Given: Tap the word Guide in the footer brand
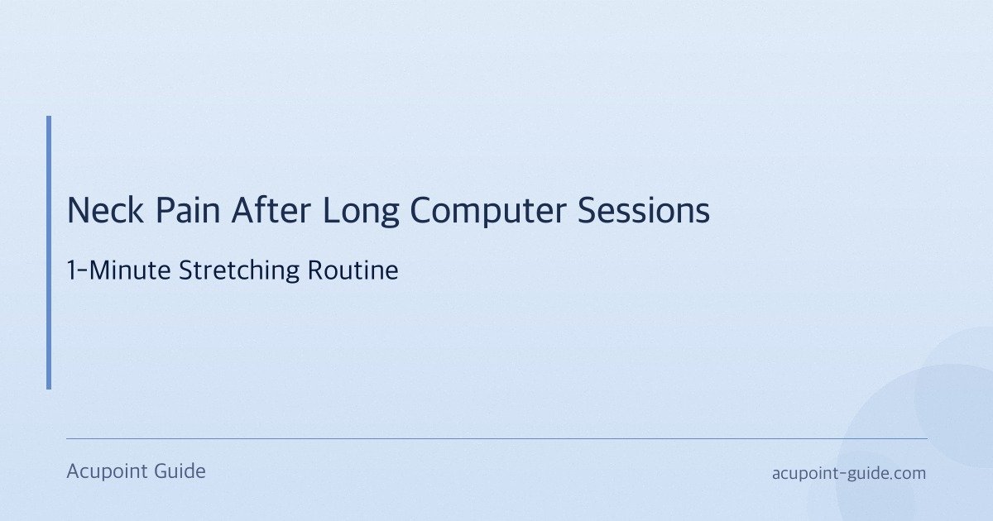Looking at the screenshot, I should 180,471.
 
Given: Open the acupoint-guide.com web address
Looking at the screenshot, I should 848,473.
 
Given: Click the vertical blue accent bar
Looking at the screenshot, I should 49,252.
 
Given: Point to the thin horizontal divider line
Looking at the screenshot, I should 496,438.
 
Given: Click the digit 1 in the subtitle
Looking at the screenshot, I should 71,270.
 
